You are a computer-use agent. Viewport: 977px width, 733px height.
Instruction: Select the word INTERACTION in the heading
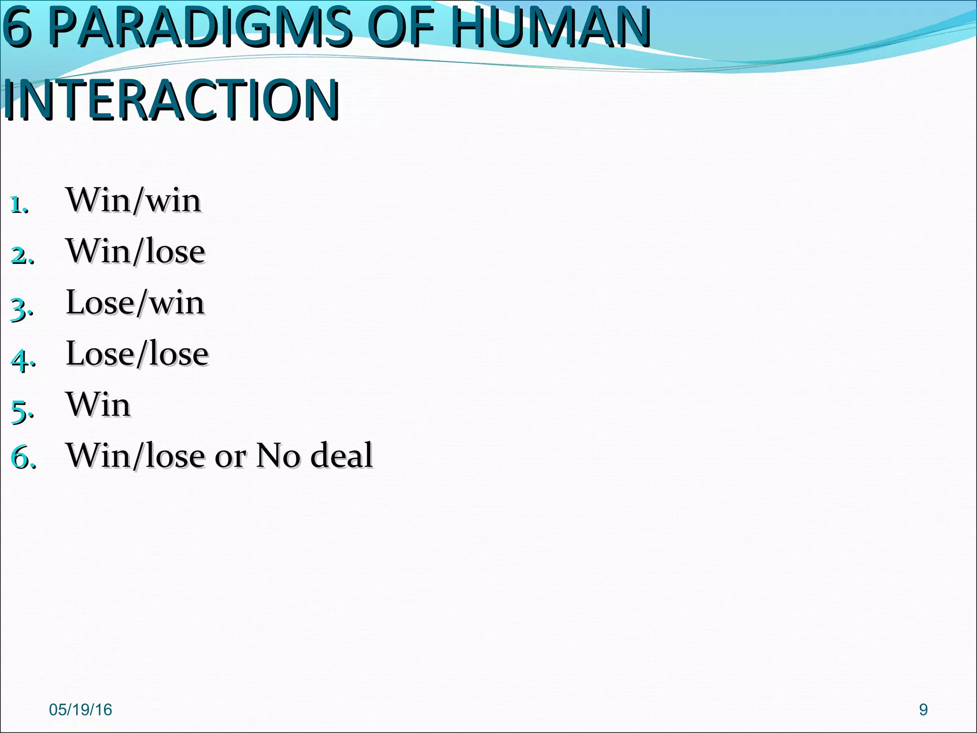click(x=172, y=100)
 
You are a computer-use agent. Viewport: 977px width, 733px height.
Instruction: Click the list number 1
click(x=18, y=205)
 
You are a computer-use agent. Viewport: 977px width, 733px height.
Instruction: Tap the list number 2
click(x=21, y=256)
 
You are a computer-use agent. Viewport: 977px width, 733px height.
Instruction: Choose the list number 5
click(x=21, y=411)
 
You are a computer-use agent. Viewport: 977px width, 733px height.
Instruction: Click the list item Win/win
click(x=134, y=200)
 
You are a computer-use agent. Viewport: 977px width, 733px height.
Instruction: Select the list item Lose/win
click(x=135, y=303)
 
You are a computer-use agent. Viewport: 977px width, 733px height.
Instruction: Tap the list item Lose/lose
click(x=137, y=354)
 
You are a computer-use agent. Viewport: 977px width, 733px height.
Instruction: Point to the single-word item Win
click(x=98, y=405)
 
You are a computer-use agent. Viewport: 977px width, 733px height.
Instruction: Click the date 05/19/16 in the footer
click(x=80, y=710)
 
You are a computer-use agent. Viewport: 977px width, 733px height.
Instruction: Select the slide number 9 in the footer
click(x=923, y=710)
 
